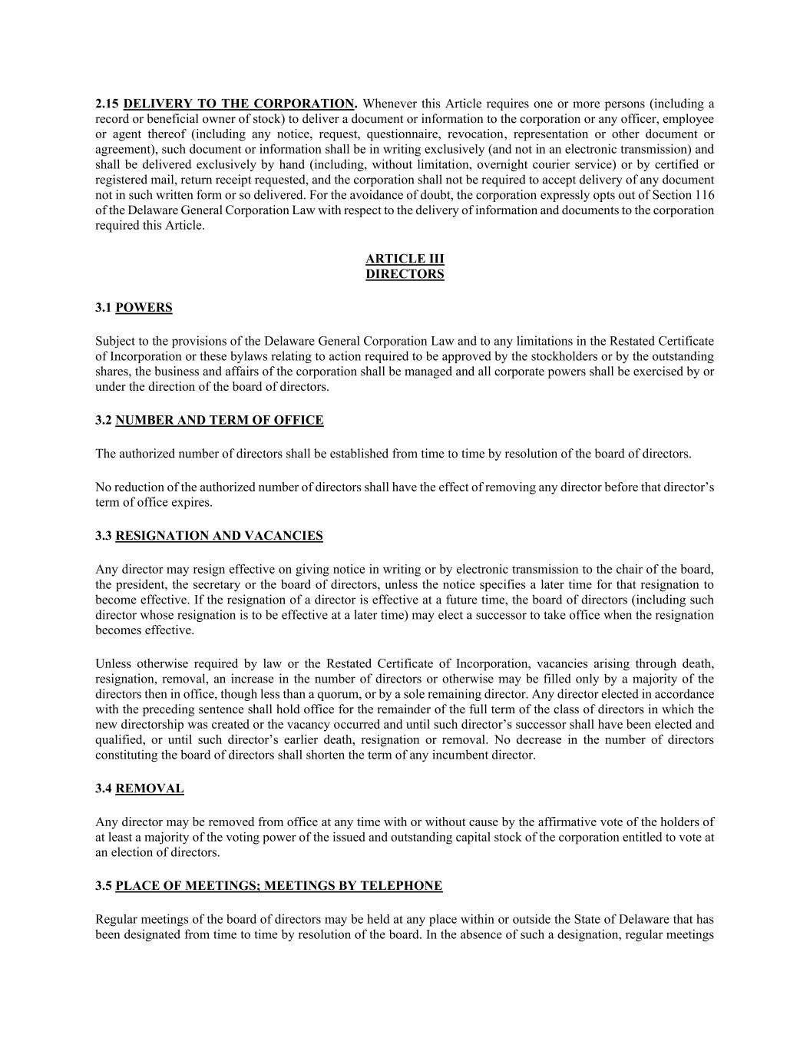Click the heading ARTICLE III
click(x=405, y=259)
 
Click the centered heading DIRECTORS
click(x=405, y=274)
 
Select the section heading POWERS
click(x=144, y=308)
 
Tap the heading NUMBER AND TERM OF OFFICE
click(x=219, y=420)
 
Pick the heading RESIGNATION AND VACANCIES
click(x=219, y=536)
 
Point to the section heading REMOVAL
click(x=150, y=788)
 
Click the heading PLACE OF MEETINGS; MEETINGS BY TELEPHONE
click(x=279, y=886)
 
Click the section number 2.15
click(x=107, y=104)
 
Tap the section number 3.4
click(x=104, y=788)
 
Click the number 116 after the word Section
click(x=703, y=195)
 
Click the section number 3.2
click(x=104, y=420)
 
